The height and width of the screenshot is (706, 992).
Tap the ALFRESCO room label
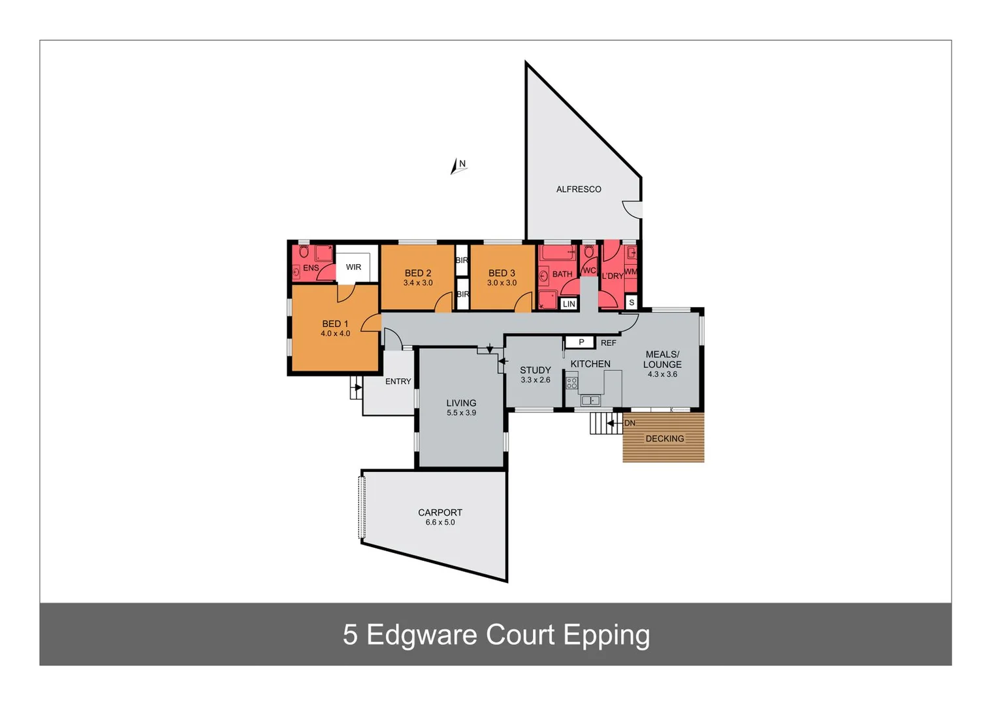[579, 190]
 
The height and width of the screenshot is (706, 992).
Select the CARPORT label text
[440, 513]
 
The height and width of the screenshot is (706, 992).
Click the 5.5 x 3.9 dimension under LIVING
[461, 413]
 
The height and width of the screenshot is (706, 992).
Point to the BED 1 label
[335, 324]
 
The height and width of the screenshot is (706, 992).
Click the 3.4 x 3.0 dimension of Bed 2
[418, 283]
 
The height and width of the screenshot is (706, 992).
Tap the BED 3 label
[502, 273]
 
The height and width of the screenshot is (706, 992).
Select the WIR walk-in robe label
[353, 267]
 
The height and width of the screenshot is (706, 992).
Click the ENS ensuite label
[311, 268]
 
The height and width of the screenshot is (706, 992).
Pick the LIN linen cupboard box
[569, 304]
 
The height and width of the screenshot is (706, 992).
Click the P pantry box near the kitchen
[581, 343]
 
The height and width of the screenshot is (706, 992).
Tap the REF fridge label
[608, 343]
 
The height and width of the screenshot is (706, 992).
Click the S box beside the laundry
[632, 303]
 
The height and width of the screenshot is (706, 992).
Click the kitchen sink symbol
[590, 401]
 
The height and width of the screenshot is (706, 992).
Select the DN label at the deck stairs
[630, 424]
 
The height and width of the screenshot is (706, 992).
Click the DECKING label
[665, 439]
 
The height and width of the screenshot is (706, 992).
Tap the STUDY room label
[536, 370]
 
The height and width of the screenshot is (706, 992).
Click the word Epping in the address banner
[606, 635]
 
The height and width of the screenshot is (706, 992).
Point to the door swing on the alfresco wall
[633, 209]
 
